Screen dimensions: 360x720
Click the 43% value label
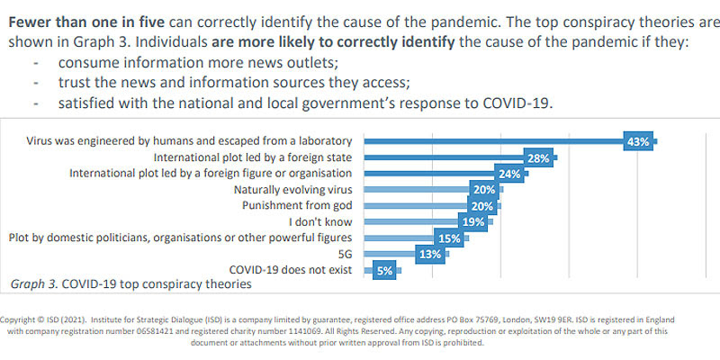[639, 141]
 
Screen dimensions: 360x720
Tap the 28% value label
[539, 157]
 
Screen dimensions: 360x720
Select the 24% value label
[509, 174]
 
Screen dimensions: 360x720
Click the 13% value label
[430, 255]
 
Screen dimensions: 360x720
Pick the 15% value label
[448, 238]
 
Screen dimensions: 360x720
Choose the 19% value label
[473, 222]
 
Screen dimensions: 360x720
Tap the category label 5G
[346, 254]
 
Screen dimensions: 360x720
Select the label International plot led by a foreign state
[254, 157]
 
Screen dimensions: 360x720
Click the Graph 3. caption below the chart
[130, 284]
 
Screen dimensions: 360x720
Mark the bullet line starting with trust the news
[234, 83]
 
